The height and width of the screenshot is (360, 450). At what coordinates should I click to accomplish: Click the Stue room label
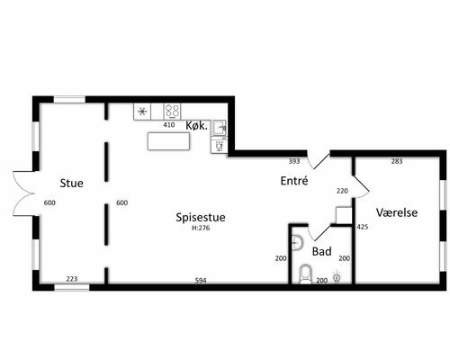71,183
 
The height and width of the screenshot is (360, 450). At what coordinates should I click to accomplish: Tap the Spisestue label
201,217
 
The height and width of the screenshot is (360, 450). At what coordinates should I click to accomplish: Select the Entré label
294,181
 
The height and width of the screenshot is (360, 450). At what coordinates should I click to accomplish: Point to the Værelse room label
397,212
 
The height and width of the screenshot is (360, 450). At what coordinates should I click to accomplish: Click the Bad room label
321,251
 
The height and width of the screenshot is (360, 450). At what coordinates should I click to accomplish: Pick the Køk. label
197,126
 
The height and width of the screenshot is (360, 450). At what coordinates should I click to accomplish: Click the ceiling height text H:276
201,228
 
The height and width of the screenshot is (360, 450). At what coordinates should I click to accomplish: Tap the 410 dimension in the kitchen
169,124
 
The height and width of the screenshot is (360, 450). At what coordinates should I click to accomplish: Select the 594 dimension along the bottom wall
201,281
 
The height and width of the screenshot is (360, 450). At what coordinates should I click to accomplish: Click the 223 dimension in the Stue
72,279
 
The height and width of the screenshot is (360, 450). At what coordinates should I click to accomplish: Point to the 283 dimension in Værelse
397,161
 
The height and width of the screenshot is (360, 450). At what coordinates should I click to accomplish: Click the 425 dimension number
363,227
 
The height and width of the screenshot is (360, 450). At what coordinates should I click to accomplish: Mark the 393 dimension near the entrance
294,161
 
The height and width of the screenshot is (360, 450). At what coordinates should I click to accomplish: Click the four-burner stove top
172,111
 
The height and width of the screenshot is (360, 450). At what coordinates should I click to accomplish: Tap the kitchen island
168,141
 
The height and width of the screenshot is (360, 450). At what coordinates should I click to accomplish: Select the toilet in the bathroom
305,274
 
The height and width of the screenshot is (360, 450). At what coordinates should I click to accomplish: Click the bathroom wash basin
296,242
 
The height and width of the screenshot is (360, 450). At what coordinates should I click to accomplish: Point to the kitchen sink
220,128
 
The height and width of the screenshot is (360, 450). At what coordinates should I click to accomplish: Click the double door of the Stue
23,193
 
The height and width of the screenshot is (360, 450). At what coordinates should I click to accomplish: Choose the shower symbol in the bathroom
337,277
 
